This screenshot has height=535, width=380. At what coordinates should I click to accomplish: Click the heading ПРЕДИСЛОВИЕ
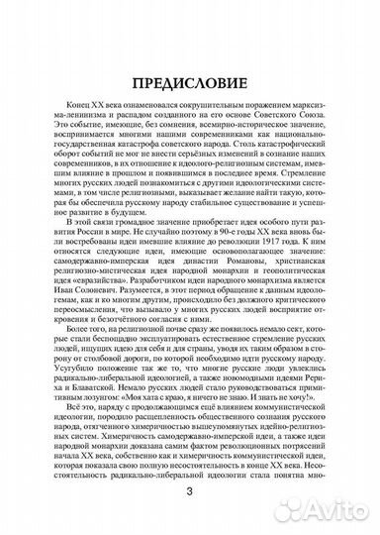[190, 86]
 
